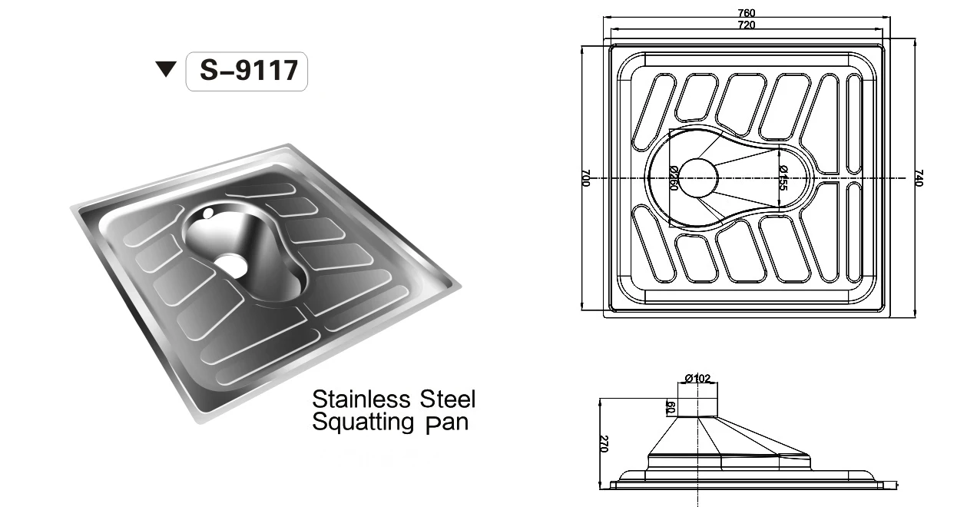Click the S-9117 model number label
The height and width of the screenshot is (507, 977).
[x=247, y=71]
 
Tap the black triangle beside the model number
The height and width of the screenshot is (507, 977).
[x=166, y=71]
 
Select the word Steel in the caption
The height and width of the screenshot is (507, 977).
[x=449, y=399]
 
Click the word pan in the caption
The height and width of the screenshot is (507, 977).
[x=446, y=423]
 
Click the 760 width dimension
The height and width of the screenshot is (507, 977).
[x=746, y=12]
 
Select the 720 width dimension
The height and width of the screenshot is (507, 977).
[x=746, y=25]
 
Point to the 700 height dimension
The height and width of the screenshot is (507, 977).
[x=585, y=180]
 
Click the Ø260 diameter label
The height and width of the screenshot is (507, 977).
[x=673, y=178]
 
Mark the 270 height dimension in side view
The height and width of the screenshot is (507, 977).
[x=604, y=443]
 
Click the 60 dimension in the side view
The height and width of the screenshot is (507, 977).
[x=670, y=407]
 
